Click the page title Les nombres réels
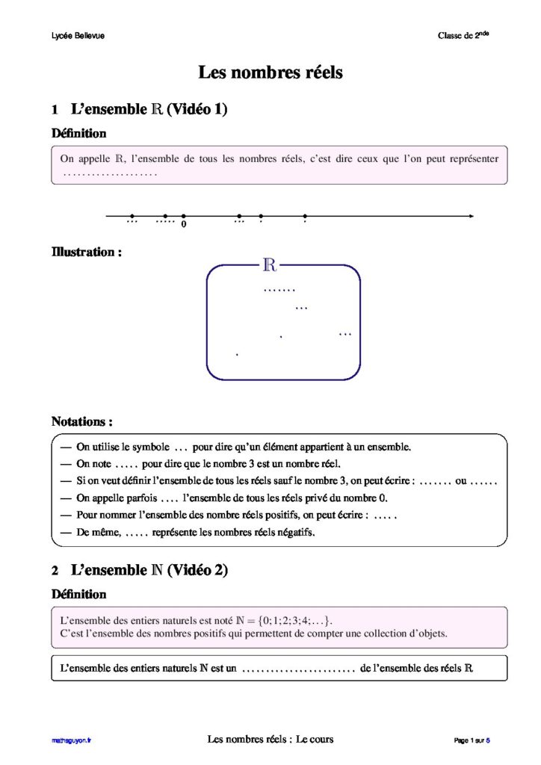[270, 72]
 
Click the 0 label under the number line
[184, 224]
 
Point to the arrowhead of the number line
[471, 217]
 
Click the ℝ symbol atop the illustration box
[270, 264]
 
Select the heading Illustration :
[86, 252]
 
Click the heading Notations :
[81, 421]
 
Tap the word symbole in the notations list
[149, 447]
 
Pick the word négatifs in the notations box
[295, 533]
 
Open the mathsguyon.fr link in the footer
[72, 740]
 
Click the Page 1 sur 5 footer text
[472, 740]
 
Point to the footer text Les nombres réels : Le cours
[270, 740]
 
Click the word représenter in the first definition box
[470, 158]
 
